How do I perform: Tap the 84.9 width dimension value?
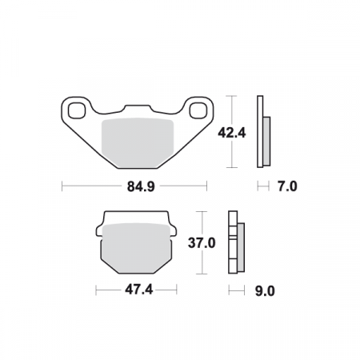pyautogui.click(x=135, y=187)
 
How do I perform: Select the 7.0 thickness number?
pyautogui.click(x=286, y=187)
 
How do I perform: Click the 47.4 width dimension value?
pyautogui.click(x=135, y=290)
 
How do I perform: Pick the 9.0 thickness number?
pyautogui.click(x=263, y=290)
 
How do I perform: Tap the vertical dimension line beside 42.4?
pyautogui.click(x=232, y=131)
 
